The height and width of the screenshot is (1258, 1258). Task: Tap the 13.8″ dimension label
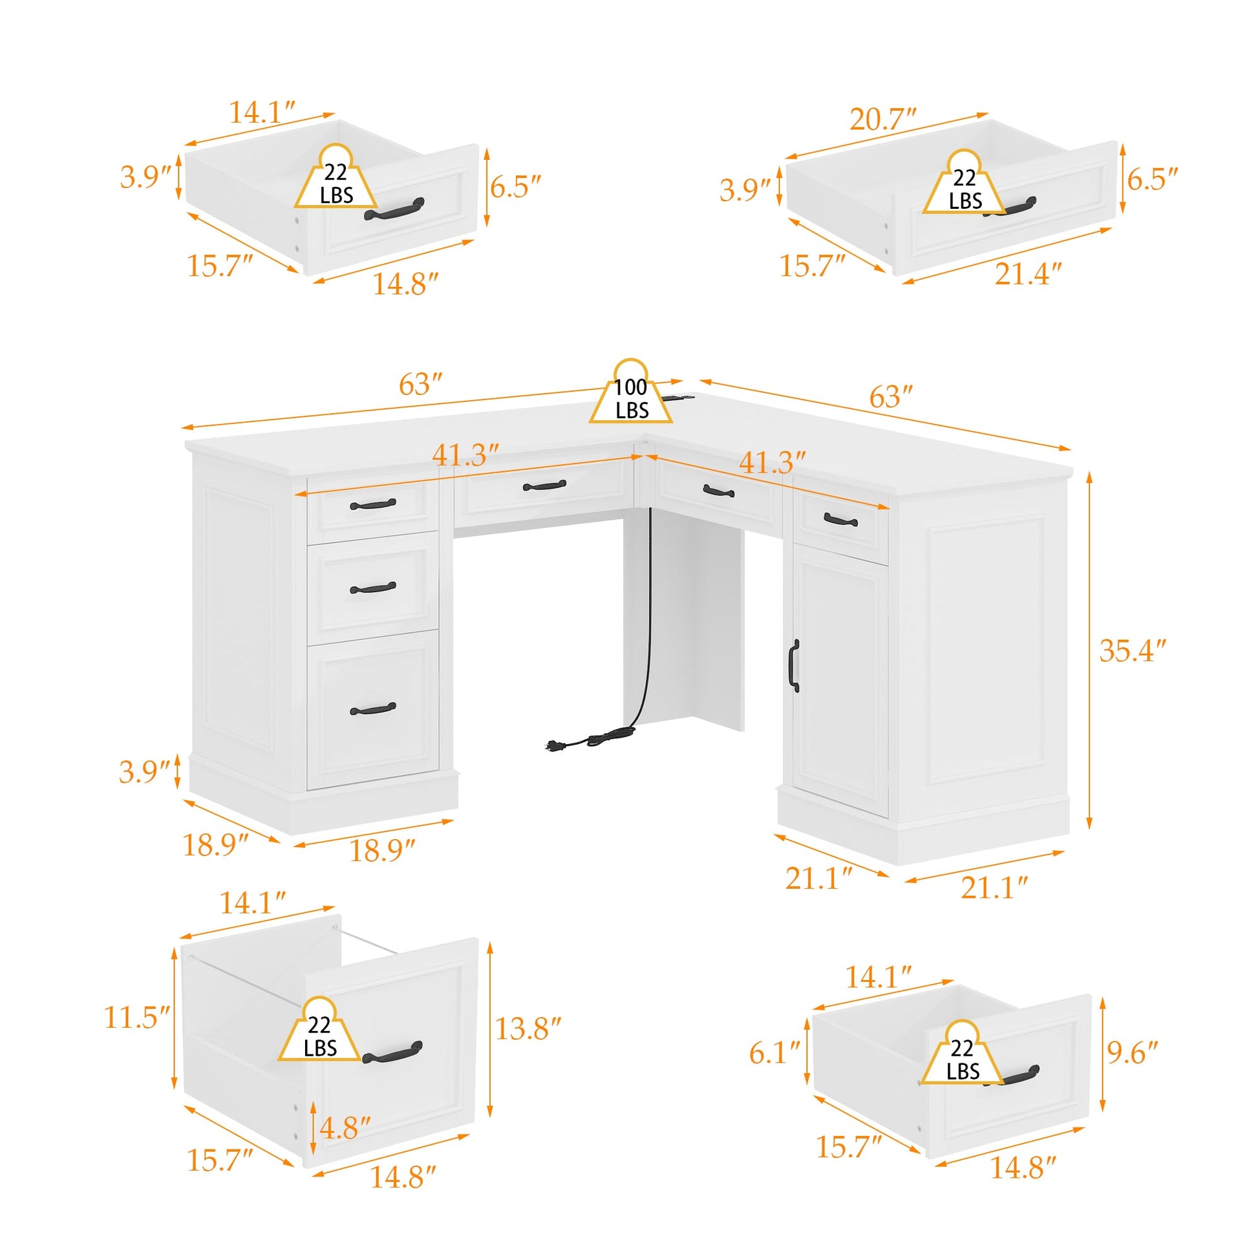[528, 1029]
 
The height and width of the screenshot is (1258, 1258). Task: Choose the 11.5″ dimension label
[138, 1017]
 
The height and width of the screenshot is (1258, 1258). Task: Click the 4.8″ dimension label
[345, 1129]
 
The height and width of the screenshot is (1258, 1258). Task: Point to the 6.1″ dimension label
[774, 1053]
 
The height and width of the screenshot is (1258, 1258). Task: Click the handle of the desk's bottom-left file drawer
[372, 709]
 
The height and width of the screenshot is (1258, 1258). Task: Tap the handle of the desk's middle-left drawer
[372, 589]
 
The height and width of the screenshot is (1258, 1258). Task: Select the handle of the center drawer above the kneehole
[544, 485]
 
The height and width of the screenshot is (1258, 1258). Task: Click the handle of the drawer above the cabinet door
[840, 520]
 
